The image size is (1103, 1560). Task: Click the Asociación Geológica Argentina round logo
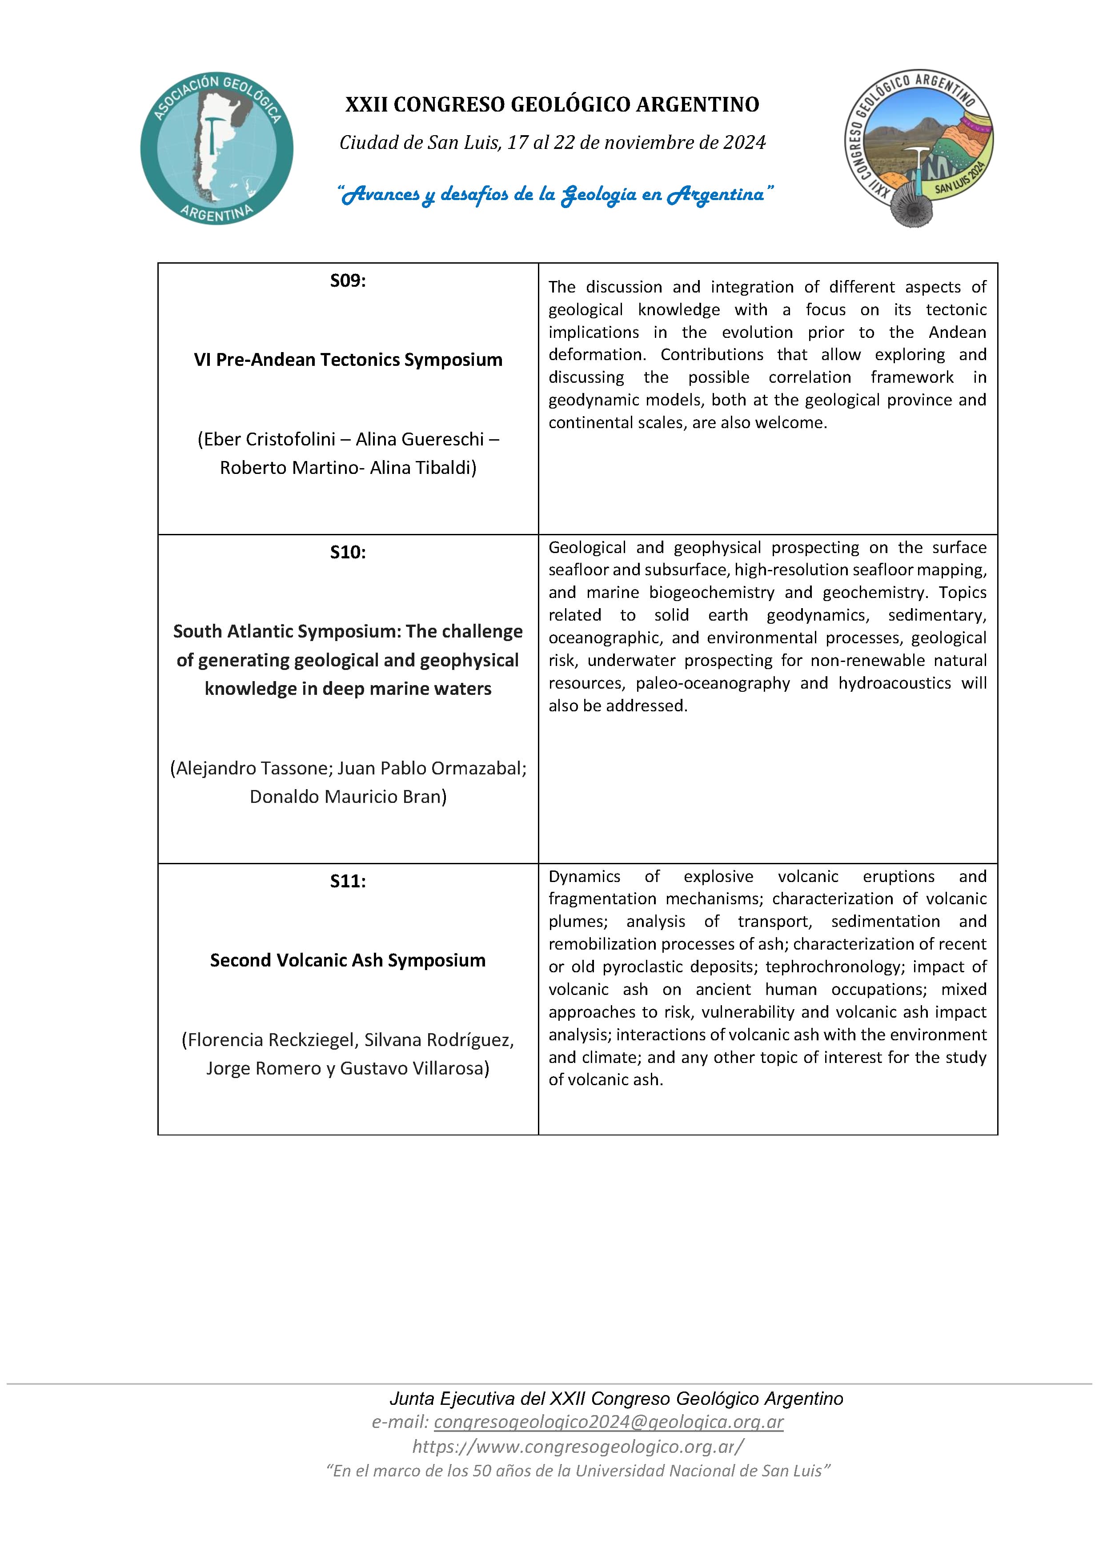tap(217, 148)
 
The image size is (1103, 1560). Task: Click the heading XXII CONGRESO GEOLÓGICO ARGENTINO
tap(552, 104)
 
